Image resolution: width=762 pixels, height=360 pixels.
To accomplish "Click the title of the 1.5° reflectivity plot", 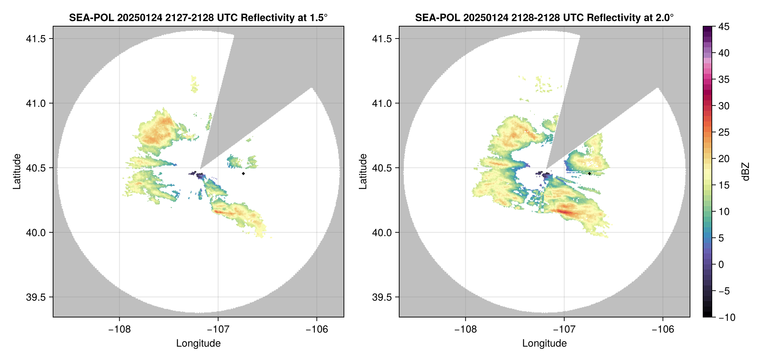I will (x=198, y=17).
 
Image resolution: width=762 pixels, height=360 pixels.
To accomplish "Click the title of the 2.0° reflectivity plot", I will (x=544, y=17).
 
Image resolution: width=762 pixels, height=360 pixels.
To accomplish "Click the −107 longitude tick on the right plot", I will (x=564, y=329).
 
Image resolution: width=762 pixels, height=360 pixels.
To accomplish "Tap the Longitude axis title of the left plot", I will (x=198, y=343).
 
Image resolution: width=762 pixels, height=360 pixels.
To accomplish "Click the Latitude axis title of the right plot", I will (x=363, y=171).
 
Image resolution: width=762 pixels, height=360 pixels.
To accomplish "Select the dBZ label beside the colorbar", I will (x=746, y=172).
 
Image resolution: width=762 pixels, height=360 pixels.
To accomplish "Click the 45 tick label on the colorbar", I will (x=723, y=27).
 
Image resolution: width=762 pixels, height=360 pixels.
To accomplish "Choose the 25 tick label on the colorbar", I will (x=723, y=132).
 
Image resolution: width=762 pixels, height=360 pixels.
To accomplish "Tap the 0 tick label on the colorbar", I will (x=721, y=264).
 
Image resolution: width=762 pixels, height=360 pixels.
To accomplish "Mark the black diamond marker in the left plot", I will (x=243, y=173).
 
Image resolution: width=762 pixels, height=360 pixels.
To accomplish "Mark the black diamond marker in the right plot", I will (x=589, y=173).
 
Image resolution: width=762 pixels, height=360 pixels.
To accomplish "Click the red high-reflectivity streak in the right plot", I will (x=565, y=212).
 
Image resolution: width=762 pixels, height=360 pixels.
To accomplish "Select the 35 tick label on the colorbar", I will (x=723, y=79).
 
